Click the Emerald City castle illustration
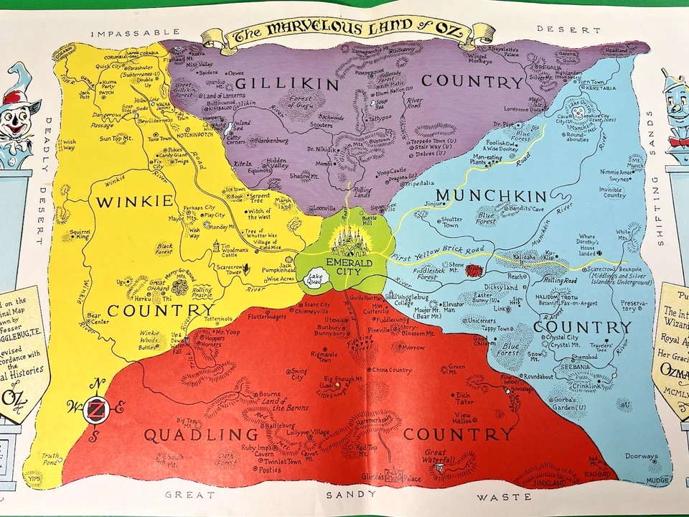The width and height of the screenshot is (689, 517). [347, 236]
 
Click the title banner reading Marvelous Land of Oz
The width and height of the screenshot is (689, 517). [347, 32]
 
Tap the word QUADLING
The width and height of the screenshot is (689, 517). [201, 435]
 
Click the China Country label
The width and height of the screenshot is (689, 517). [390, 371]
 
